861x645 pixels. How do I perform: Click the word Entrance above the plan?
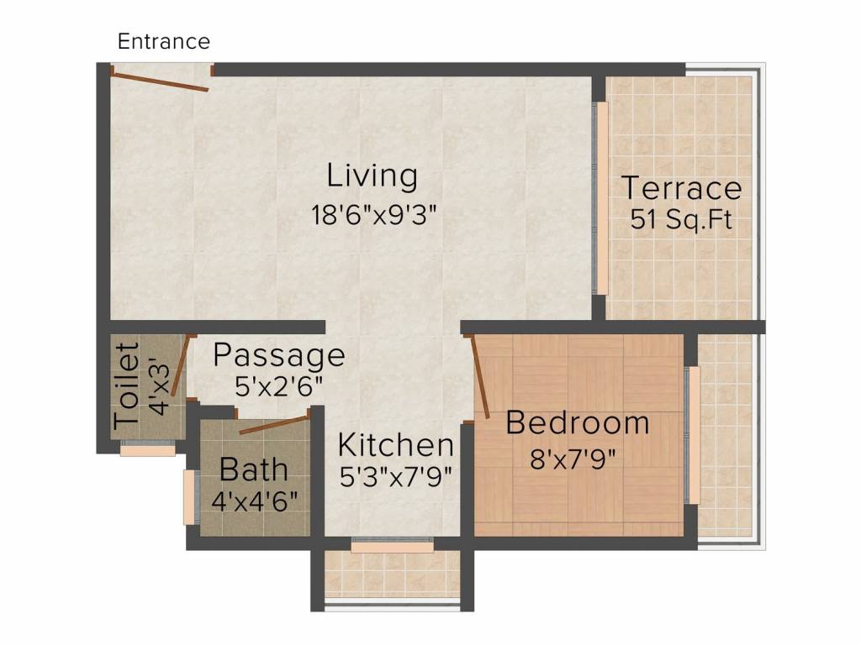point(163,40)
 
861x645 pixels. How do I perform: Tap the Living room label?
point(372,176)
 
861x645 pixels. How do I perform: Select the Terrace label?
point(681,187)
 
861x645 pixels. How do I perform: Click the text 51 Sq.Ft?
point(681,220)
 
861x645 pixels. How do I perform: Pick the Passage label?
point(278,355)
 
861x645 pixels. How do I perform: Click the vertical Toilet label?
point(126,385)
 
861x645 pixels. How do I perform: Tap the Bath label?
point(254,469)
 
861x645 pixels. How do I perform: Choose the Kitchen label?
point(395,444)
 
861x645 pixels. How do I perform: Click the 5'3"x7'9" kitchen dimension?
point(395,476)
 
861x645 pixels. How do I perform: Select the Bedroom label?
point(577,422)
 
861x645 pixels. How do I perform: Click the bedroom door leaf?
point(481,375)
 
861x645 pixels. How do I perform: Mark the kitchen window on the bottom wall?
point(392,547)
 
